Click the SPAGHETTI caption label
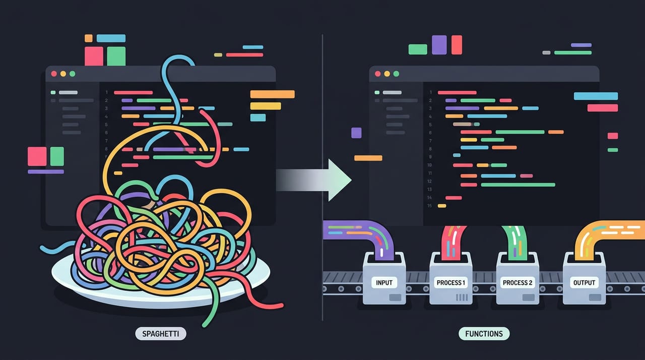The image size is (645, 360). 161,334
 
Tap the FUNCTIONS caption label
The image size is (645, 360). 484,334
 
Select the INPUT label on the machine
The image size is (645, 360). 384,282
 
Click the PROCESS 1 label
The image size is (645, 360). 450,282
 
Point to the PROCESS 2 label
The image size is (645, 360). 518,282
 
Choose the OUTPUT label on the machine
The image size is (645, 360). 584,282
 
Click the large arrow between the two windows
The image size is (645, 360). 314,180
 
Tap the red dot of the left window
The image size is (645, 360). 54,74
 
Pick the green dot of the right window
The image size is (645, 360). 396,74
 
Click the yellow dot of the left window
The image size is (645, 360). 63,74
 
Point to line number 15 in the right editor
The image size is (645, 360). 429,206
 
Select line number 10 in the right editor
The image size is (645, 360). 429,165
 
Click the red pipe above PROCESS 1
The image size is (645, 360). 453,243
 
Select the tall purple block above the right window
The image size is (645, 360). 439,45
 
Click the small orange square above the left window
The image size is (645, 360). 89,38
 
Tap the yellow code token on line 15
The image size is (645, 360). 442,206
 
